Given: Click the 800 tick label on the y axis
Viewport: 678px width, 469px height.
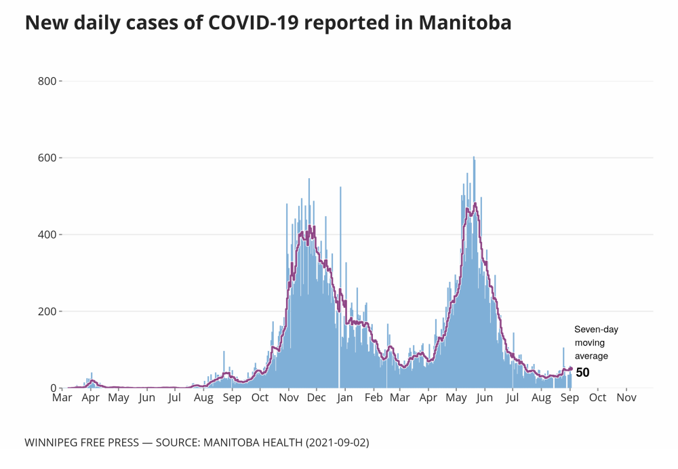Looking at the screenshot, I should pos(47,81).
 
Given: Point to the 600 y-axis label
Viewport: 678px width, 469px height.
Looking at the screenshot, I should pos(47,158).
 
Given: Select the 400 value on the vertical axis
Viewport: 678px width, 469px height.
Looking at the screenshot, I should pos(47,234).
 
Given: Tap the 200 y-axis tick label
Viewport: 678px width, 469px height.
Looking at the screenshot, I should pos(47,312).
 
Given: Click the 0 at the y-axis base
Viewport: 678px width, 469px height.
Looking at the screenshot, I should pos(52,388).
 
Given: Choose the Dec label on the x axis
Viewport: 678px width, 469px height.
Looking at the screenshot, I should pos(317,398).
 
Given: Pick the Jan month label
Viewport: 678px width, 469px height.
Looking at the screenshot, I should pos(345,398).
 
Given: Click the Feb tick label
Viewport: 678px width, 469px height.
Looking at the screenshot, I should pos(374,398).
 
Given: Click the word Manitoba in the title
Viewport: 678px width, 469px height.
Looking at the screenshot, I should pos(465,23).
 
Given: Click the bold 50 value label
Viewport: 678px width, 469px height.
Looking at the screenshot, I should pos(582,372).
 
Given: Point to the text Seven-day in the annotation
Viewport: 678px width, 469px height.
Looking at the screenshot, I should pos(597,329).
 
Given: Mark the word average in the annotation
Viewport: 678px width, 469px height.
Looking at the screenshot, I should pos(592,356).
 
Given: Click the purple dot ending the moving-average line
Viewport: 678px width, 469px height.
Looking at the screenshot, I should pos(571,369).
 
